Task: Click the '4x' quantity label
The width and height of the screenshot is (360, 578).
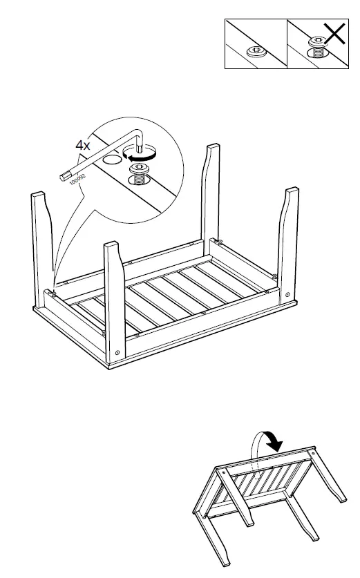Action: [83, 146]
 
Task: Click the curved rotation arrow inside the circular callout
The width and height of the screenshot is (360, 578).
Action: [139, 158]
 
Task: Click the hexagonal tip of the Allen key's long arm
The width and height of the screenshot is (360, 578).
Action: [65, 176]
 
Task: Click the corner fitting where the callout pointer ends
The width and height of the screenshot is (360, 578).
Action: [51, 293]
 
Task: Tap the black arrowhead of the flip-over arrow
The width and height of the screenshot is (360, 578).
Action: [275, 446]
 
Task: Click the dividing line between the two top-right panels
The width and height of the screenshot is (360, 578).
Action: [287, 44]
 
